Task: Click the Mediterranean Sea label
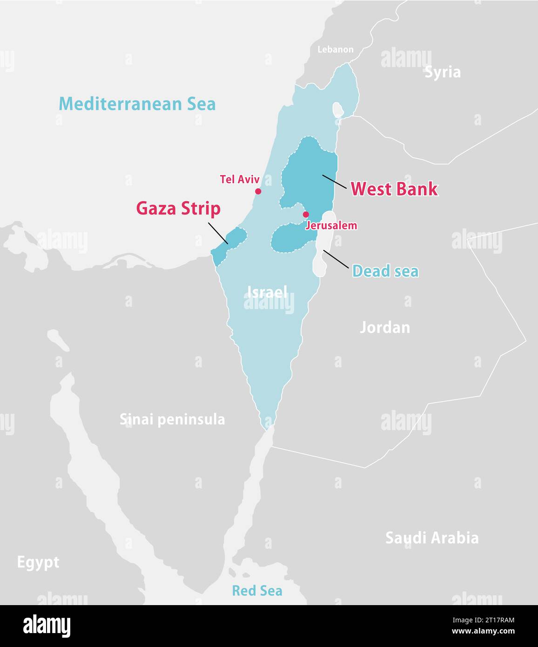point(137,103)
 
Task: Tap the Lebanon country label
point(335,49)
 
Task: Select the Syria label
point(442,72)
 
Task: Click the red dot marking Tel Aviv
point(258,191)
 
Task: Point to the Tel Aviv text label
point(240,179)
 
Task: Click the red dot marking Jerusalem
point(306,215)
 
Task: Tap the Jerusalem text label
point(331,226)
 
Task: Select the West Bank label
point(394,189)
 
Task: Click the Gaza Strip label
point(178,209)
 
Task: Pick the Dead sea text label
point(385,271)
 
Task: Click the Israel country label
point(267,292)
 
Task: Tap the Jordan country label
point(385,328)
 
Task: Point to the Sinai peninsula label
point(172,419)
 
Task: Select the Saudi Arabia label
point(432,538)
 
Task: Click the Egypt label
point(38,562)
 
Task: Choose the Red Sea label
point(257,591)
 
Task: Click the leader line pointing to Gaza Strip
point(218,233)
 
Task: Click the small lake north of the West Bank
point(337,110)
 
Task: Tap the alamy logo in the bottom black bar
point(47,626)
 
